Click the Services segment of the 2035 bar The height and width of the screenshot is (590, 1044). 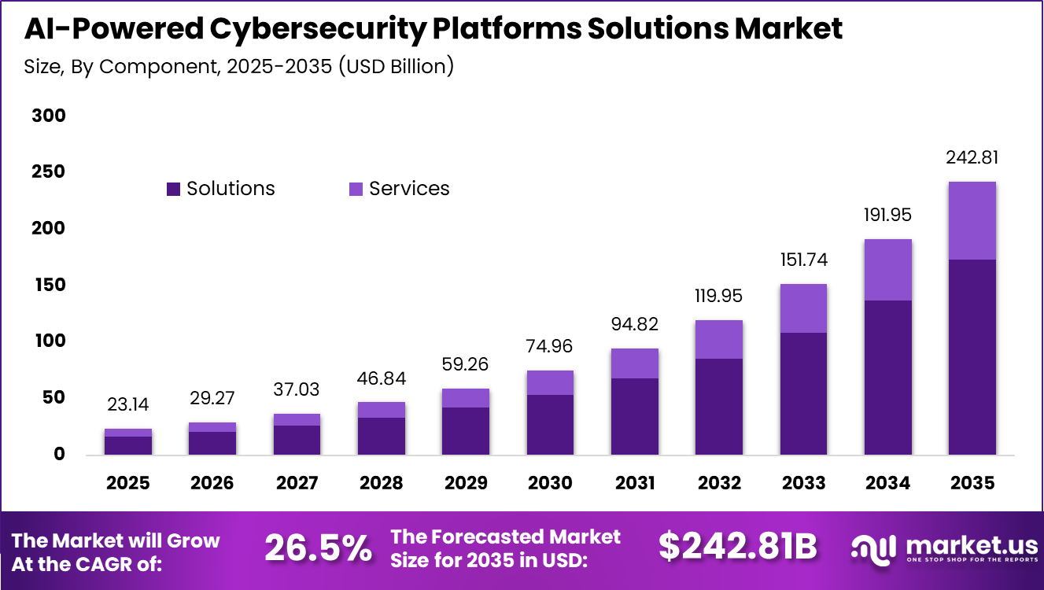972,221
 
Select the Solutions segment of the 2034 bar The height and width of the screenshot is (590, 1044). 887,378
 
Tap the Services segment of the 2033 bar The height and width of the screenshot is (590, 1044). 803,308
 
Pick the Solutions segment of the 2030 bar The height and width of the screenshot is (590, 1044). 550,425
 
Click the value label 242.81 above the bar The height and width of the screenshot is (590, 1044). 972,157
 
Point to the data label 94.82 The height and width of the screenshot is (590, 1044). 634,324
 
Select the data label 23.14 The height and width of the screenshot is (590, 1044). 127,404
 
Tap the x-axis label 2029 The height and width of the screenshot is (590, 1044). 465,482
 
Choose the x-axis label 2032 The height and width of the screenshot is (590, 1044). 718,482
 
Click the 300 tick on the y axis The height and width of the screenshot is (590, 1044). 49,116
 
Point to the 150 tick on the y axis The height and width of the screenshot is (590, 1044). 49,285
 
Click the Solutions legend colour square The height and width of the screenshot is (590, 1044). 173,189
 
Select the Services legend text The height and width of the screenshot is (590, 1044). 409,189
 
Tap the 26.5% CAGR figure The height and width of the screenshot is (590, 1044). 318,548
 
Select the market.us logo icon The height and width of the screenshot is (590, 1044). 873,548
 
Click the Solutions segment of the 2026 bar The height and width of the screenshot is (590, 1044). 212,444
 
